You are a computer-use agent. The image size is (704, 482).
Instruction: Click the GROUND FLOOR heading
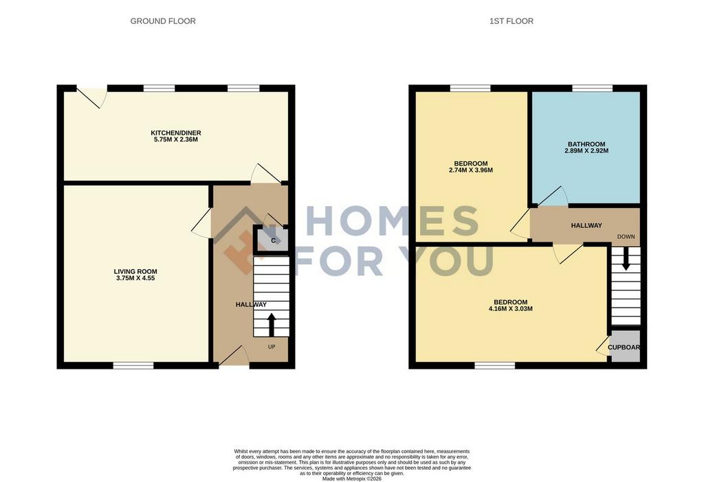[x=163, y=21]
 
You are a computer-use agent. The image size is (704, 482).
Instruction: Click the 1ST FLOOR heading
[x=511, y=21]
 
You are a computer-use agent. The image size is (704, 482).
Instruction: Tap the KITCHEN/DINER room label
[x=175, y=133]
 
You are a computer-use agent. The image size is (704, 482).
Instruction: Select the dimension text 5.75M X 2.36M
[x=175, y=139]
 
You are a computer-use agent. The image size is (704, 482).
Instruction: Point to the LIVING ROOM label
[x=135, y=271]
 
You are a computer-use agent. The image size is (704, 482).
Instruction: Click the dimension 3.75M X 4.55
[x=135, y=278]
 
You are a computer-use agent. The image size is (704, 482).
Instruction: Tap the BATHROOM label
[x=586, y=144]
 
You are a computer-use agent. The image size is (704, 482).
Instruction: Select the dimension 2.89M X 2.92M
[x=586, y=150]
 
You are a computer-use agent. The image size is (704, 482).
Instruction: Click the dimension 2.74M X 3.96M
[x=470, y=170]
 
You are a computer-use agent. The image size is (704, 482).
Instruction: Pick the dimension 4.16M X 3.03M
[x=511, y=308]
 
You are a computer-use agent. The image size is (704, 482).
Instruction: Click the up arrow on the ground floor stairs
[x=271, y=324]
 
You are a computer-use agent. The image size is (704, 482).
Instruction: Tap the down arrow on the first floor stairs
[x=626, y=259]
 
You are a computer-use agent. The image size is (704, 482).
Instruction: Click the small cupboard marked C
[x=272, y=240]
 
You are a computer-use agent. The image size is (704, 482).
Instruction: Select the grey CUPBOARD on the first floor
[x=624, y=346]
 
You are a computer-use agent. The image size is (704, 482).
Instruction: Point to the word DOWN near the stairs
[x=626, y=237]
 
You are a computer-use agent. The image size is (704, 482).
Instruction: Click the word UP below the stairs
[x=272, y=347]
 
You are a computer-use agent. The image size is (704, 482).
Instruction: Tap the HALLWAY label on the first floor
[x=586, y=225]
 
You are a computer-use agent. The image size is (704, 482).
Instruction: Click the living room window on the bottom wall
[x=133, y=366]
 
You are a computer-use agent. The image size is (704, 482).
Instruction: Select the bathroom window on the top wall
[x=592, y=88]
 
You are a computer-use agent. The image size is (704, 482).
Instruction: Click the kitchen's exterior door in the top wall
[x=93, y=96]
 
